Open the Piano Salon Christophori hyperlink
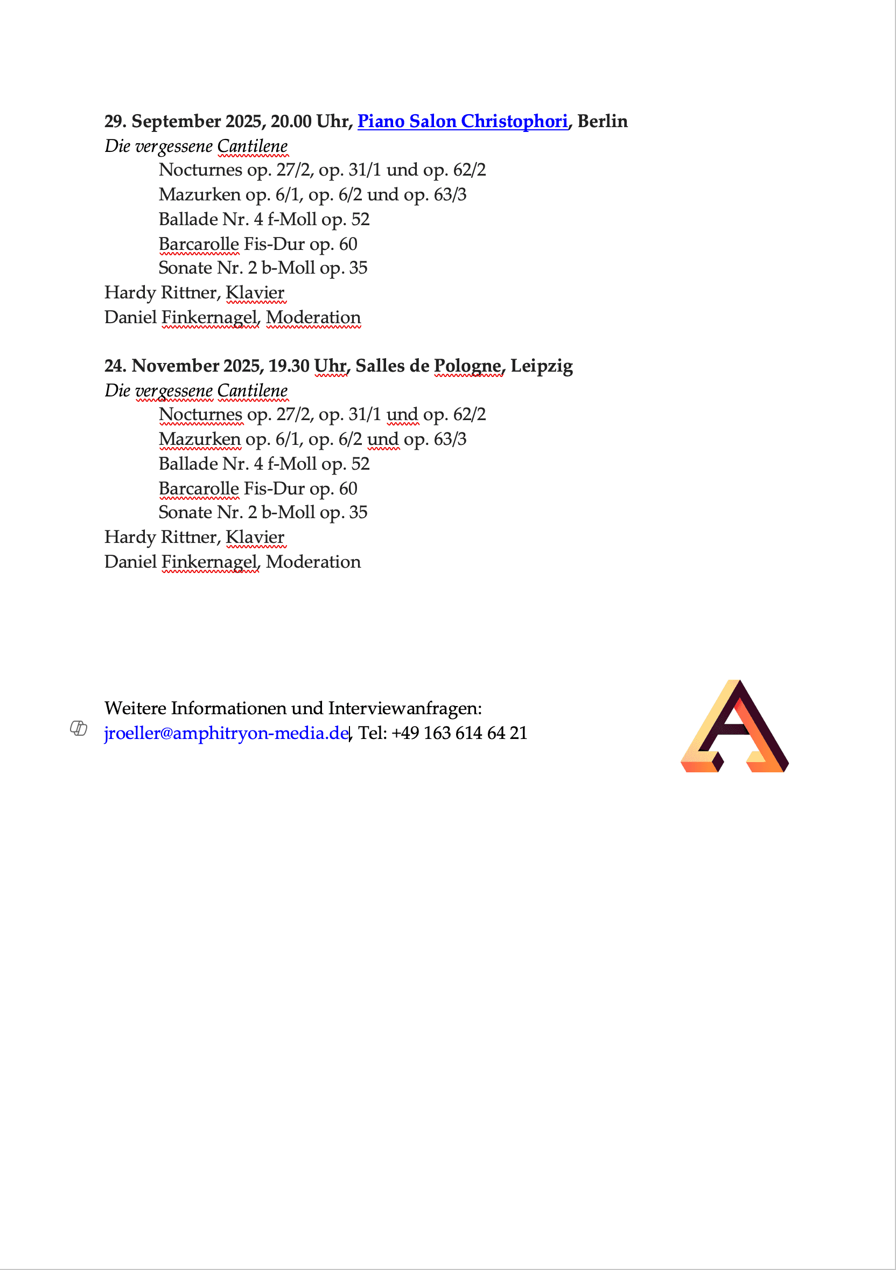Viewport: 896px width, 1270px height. (x=463, y=121)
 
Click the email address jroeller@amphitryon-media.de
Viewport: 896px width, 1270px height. (x=226, y=733)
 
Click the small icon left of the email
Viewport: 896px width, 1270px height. (x=79, y=728)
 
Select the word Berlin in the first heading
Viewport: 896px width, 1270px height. (x=603, y=121)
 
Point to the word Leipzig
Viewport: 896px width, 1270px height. (x=542, y=366)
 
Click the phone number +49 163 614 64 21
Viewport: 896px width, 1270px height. (x=459, y=733)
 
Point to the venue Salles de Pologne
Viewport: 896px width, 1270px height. (x=428, y=366)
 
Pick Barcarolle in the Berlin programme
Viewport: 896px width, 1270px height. (x=199, y=244)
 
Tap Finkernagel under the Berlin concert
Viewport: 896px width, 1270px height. (x=209, y=318)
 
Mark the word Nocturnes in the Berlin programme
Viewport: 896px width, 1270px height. (x=200, y=170)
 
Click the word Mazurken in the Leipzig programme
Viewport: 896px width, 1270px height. (x=199, y=439)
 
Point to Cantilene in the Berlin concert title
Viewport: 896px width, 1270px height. (x=252, y=146)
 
